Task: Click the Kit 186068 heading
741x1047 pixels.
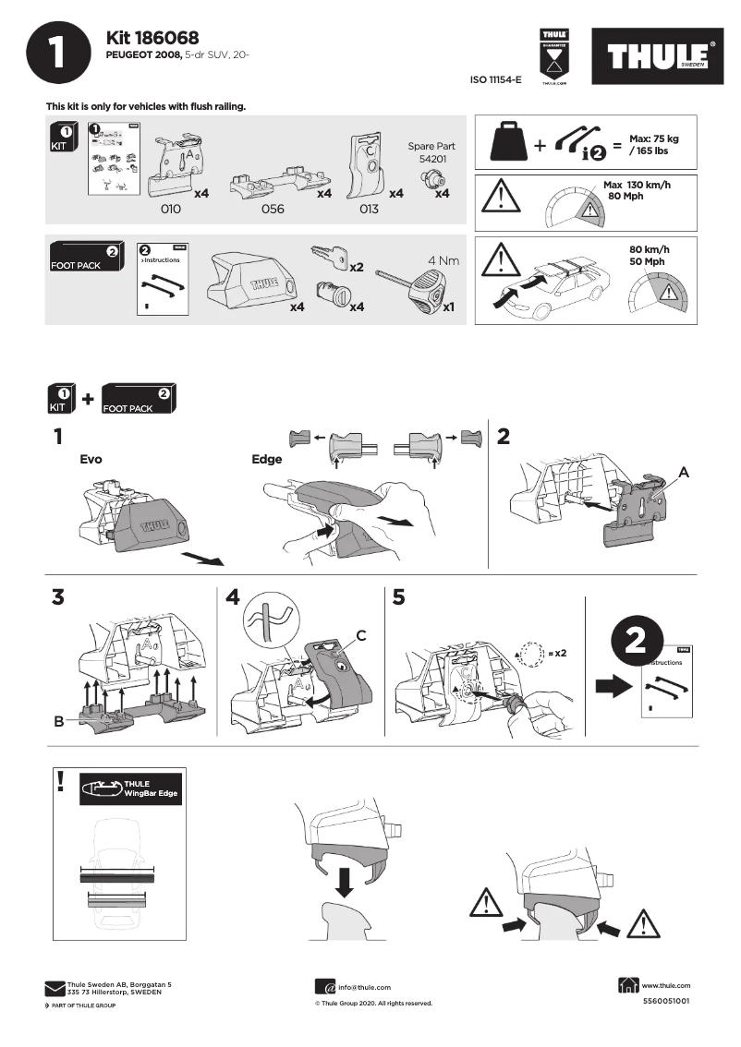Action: click(152, 37)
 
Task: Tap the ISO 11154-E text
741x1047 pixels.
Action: click(496, 80)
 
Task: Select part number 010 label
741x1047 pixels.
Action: click(170, 210)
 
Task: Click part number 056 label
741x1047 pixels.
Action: click(273, 210)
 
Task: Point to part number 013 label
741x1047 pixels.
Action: click(369, 210)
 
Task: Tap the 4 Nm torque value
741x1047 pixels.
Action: click(443, 260)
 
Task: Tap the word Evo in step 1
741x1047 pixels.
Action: click(91, 458)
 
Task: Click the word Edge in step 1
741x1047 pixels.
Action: click(267, 458)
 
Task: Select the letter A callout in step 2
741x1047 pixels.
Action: click(684, 472)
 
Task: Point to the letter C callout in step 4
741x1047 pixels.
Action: click(361, 634)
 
